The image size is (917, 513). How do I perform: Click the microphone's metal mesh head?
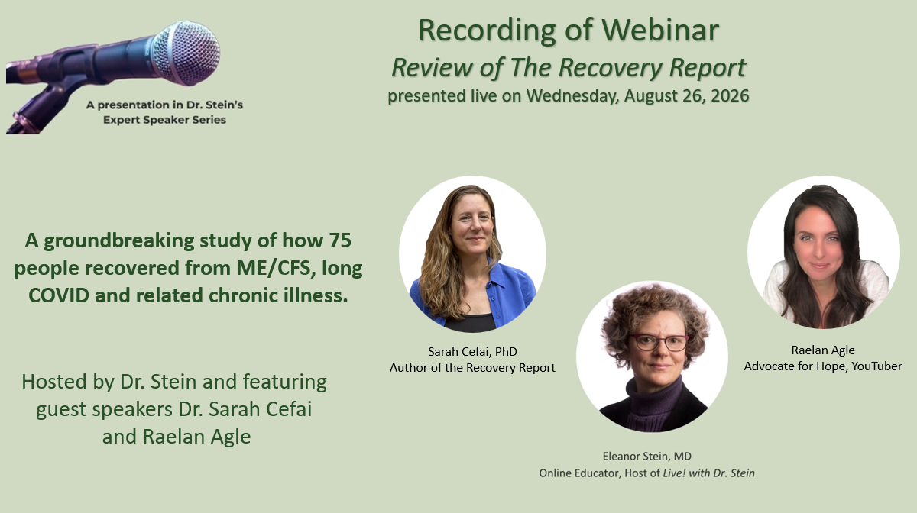coord(186,53)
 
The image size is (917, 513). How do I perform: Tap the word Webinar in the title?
coord(660,30)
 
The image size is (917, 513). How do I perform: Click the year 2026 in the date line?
coord(730,95)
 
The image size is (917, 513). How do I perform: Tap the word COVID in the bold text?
coord(59,295)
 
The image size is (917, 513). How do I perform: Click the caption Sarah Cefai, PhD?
coord(472,351)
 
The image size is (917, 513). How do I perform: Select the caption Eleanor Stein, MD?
coord(646,457)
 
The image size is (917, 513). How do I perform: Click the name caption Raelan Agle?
coord(823,350)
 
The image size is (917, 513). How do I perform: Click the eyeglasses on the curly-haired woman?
coord(659,343)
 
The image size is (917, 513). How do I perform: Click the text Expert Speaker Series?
coord(164,120)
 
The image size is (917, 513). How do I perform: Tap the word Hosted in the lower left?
coord(54,382)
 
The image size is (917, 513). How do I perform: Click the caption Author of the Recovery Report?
coord(472,368)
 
